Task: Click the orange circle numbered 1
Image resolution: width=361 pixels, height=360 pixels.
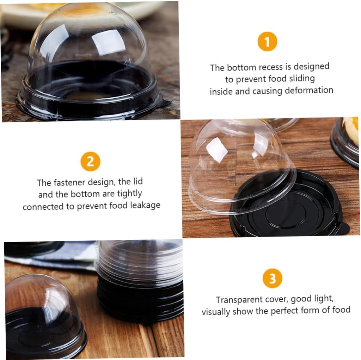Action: pos(267,42)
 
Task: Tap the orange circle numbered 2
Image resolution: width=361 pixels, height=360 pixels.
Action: pos(90,162)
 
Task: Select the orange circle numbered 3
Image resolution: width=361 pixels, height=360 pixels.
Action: pos(273,278)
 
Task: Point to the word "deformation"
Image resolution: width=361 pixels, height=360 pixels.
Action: pos(309,90)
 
